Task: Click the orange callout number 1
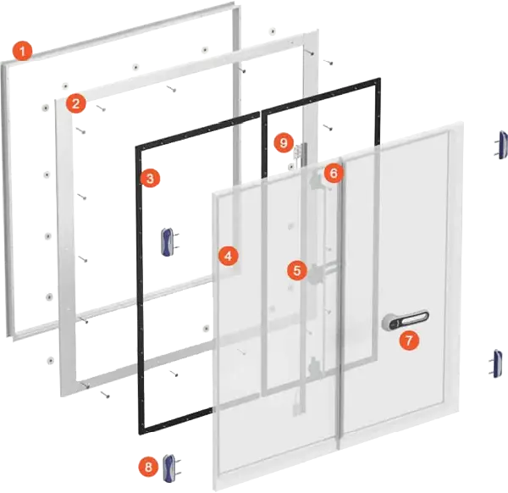pos(24,51)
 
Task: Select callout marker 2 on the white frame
pos(76,104)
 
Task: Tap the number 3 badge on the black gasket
pos(150,178)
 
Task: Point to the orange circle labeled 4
pos(227,254)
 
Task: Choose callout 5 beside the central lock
pos(295,270)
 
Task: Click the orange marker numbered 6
pos(333,173)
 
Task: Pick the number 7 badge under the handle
pos(409,341)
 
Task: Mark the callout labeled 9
pos(284,141)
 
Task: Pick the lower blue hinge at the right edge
pos(498,362)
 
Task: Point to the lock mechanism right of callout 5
pos(316,273)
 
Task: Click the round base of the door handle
pos(390,321)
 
